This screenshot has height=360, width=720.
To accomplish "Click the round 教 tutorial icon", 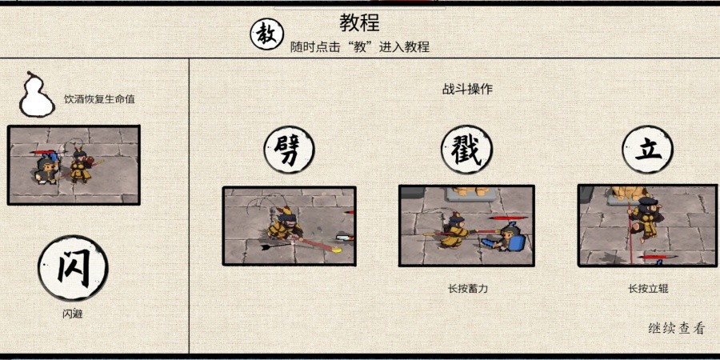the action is tap(266, 34).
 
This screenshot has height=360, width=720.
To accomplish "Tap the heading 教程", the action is tap(359, 22).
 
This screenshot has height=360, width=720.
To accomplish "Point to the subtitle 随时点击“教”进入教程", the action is tap(360, 47).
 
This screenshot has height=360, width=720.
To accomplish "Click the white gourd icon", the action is tap(36, 94).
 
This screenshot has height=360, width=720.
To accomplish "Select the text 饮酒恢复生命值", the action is tap(99, 99).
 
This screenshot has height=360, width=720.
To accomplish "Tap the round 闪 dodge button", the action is tap(73, 268).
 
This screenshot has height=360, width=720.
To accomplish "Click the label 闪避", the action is tap(73, 314).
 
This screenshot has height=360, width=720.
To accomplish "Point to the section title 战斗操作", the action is tap(467, 89).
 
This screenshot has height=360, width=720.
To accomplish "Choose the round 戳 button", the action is tap(466, 150).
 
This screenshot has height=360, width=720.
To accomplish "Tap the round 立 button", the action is tap(647, 150).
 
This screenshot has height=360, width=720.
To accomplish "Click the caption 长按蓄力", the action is tap(468, 289).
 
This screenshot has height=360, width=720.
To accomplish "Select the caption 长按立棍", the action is tap(648, 289).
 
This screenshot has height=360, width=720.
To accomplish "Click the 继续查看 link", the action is tap(676, 328).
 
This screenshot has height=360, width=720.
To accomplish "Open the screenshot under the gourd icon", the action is tap(74, 165).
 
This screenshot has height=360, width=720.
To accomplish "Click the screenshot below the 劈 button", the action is tap(290, 226).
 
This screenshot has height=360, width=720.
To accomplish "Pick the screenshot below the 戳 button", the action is tap(466, 226).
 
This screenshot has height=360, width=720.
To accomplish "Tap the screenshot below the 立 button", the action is tap(647, 226).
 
